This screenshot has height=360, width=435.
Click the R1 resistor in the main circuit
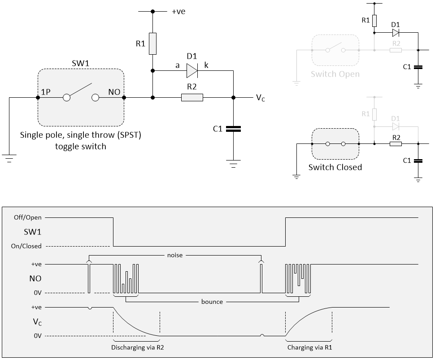point(152,43)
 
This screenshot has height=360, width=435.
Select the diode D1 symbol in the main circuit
point(192,71)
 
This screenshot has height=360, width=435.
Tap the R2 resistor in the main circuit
point(192,98)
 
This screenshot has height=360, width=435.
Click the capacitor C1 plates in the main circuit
point(233,129)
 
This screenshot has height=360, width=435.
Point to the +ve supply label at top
point(178,11)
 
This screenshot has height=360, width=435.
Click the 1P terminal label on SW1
point(46,92)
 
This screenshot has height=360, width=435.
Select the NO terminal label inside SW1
point(114,92)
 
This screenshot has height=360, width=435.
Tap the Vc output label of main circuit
point(260,98)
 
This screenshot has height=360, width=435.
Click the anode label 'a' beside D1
point(178,66)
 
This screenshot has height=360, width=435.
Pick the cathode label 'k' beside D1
point(206,65)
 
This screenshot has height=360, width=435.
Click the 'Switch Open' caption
point(335,74)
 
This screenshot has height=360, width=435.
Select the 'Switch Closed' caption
point(335,167)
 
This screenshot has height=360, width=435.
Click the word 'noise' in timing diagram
point(175,255)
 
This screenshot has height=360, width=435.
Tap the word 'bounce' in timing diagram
point(212,302)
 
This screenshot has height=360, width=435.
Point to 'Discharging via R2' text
point(138,347)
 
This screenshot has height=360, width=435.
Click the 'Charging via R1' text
point(309,347)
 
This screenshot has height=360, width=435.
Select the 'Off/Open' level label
point(28,217)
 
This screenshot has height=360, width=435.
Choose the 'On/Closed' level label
point(26,246)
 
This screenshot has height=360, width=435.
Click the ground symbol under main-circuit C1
point(233,164)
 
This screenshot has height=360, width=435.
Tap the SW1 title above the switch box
point(80,63)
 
